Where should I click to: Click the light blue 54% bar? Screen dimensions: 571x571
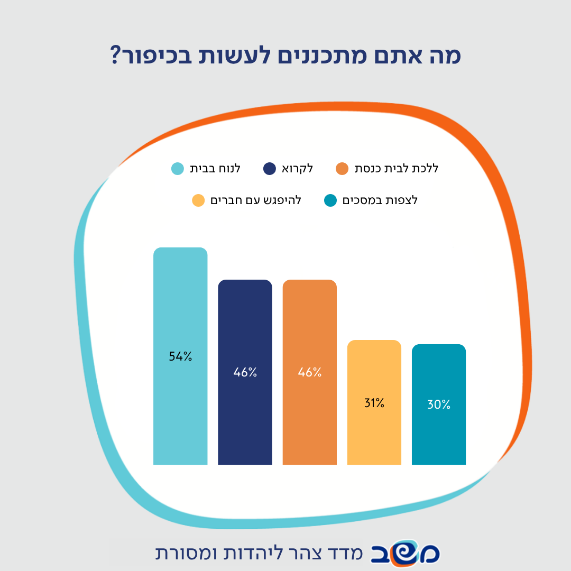(x=180, y=356)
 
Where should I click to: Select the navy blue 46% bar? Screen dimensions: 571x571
(x=245, y=372)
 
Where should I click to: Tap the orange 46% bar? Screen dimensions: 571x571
(x=309, y=372)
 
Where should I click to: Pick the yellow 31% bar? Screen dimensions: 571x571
(x=374, y=402)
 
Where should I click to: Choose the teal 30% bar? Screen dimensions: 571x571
(x=439, y=404)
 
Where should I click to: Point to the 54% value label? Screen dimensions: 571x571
(x=180, y=356)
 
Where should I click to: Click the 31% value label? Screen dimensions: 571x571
(x=374, y=403)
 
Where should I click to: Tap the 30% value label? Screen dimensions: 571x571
(x=439, y=404)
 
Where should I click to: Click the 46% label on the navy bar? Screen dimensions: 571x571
(x=245, y=372)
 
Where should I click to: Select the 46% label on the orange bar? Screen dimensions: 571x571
(x=309, y=372)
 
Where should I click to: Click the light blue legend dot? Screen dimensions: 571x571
(x=178, y=169)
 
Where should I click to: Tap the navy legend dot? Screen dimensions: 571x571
(x=270, y=169)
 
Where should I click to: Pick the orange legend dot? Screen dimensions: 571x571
(x=342, y=169)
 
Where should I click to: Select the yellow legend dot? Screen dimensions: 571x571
(x=198, y=200)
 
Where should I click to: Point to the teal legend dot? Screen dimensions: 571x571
(x=330, y=200)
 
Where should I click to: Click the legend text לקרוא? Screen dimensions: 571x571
(x=297, y=169)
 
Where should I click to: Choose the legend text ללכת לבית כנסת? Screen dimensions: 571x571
(x=396, y=168)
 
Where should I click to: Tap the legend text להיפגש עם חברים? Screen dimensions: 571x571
(x=256, y=200)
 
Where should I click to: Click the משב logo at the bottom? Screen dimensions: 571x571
(x=405, y=554)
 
